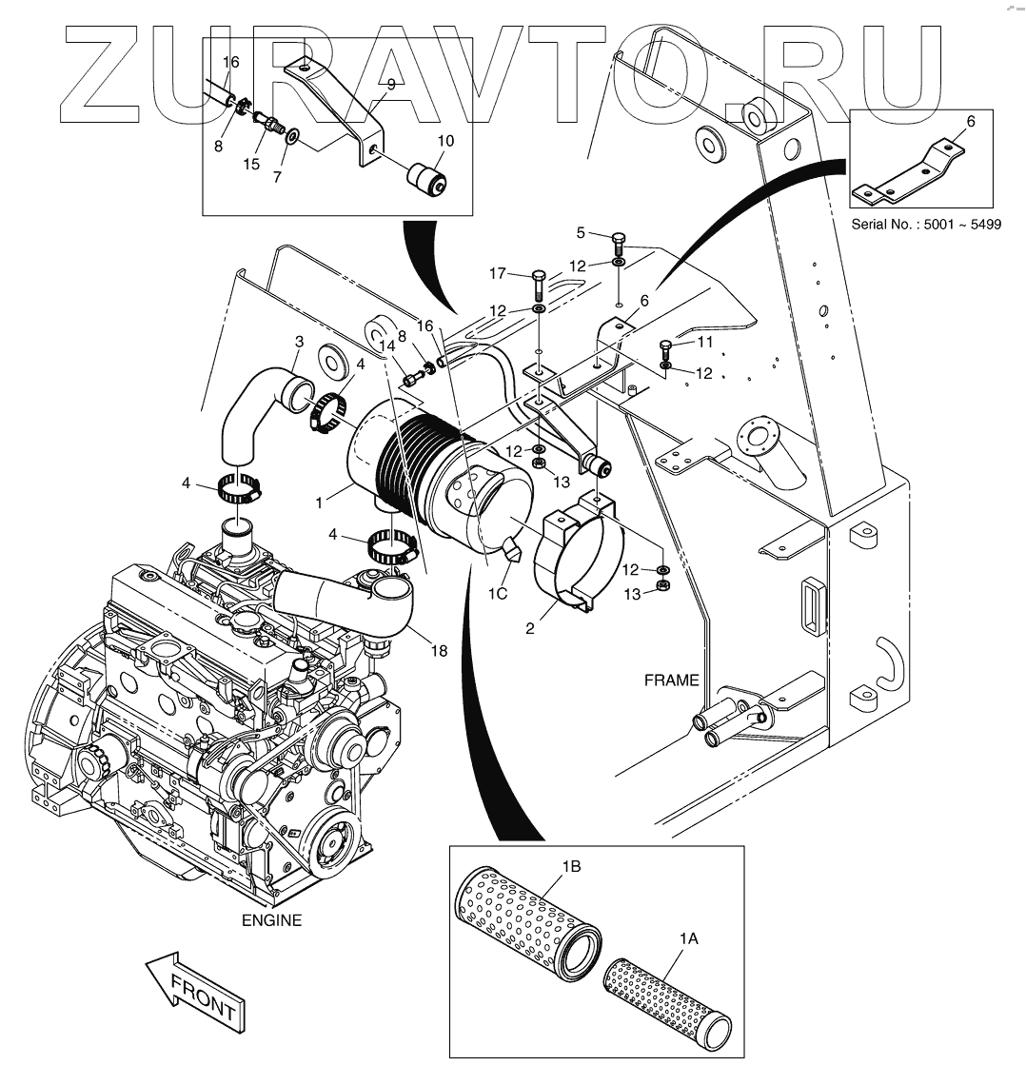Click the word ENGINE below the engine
point(271,920)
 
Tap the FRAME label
point(671,680)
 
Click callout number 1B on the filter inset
point(571,866)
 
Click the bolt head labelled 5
point(617,238)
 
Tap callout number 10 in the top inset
point(445,141)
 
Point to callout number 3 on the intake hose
point(299,341)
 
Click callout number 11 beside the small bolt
point(704,340)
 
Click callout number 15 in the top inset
point(251,164)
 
